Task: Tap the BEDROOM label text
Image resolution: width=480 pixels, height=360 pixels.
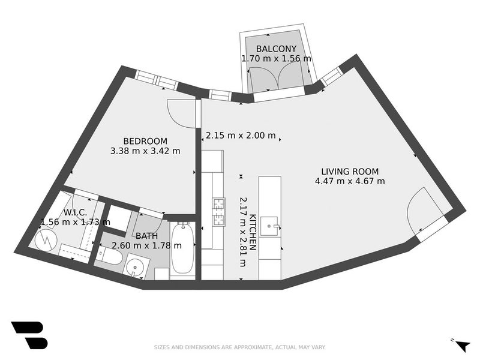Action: tap(145, 141)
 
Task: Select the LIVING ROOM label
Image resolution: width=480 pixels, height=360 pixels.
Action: tap(350, 172)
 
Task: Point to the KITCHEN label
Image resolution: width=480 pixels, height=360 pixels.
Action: tap(253, 232)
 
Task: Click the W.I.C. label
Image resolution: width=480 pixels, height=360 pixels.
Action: tap(75, 212)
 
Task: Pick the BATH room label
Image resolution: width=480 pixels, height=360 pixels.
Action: tap(146, 236)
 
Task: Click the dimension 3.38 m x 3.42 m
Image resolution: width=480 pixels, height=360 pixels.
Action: tap(145, 151)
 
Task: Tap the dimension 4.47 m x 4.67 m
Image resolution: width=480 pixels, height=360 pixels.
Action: tap(350, 181)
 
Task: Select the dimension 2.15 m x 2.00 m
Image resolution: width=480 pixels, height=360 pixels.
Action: tap(241, 136)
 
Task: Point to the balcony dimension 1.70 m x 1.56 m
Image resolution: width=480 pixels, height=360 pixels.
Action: tap(276, 58)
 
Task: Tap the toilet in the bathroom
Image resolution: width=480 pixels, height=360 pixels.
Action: tap(109, 257)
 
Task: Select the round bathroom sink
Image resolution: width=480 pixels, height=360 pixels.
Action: tap(134, 266)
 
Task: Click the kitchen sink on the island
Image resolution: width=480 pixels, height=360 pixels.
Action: tap(269, 226)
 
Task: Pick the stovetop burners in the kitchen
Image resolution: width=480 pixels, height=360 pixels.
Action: tap(219, 212)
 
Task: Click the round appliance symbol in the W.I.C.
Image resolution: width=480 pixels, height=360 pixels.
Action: tap(46, 241)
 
